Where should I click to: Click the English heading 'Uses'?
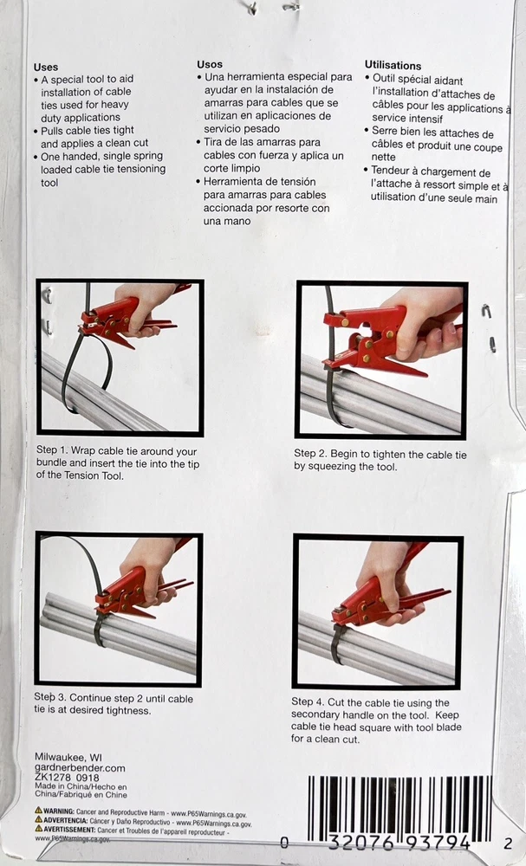[x=45, y=67]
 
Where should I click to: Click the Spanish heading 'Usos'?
[x=210, y=64]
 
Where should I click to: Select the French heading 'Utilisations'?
[x=393, y=65]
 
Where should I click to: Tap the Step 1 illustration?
[x=120, y=358]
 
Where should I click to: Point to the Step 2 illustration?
[x=382, y=359]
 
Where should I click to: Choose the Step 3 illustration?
[x=118, y=609]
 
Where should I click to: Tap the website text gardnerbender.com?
[x=80, y=767]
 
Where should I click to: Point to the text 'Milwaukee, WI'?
[x=68, y=757]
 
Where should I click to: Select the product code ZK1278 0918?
[x=67, y=778]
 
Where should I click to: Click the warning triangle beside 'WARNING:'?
[x=38, y=811]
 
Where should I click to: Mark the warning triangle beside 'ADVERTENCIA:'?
[x=38, y=819]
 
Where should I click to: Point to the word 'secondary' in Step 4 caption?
[x=314, y=714]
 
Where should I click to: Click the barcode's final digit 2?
[x=508, y=843]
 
